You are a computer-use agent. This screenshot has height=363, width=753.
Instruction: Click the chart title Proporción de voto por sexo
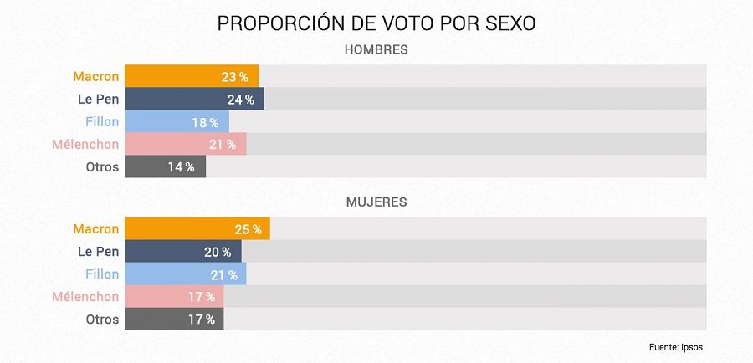(376, 23)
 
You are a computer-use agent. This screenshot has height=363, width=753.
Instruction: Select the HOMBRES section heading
(376, 50)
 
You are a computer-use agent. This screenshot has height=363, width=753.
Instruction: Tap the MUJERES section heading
(376, 202)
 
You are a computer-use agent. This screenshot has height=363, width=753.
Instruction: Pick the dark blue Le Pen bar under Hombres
(176, 99)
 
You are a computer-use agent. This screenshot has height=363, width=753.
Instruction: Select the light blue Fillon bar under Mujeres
(167, 274)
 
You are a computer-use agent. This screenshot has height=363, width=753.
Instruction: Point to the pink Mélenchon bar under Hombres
(167, 144)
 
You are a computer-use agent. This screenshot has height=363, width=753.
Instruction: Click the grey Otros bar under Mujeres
(159, 320)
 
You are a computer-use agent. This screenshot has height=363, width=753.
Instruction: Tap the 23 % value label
(234, 77)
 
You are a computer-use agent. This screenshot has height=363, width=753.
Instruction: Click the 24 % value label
(240, 100)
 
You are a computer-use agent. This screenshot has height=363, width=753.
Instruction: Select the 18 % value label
(205, 122)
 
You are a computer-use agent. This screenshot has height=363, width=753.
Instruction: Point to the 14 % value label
(181, 167)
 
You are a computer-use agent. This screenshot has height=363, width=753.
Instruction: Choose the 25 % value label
(246, 229)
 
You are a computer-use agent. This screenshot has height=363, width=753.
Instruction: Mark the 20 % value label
(218, 252)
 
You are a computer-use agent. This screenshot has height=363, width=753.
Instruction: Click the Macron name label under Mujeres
(96, 229)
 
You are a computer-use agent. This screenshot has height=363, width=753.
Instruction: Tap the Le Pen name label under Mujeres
(99, 252)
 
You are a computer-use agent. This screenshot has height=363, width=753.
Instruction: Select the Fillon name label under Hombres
(102, 122)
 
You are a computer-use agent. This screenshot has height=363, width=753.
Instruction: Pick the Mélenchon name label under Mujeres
(85, 297)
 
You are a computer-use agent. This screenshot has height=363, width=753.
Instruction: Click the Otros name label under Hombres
(102, 167)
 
